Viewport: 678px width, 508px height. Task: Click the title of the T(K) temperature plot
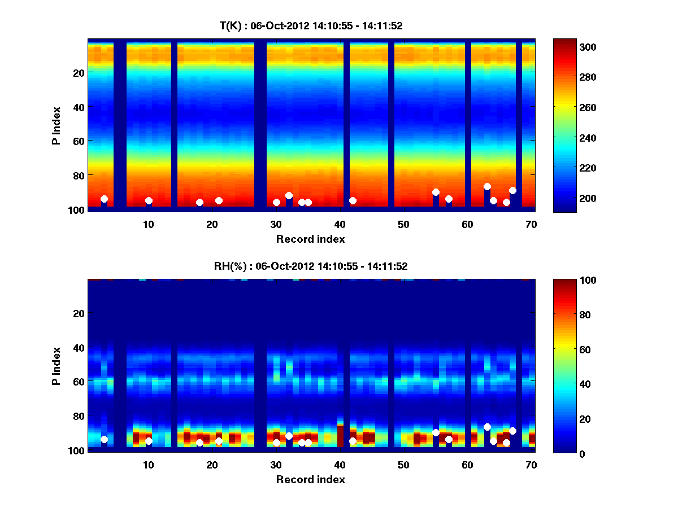pyautogui.click(x=311, y=25)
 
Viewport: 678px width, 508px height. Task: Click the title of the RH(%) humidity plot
pyautogui.click(x=311, y=266)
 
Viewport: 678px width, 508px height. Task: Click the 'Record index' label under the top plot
pyautogui.click(x=311, y=239)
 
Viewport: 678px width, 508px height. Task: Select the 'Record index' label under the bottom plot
pyautogui.click(x=311, y=479)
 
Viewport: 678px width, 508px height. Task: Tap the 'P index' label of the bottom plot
pyautogui.click(x=56, y=365)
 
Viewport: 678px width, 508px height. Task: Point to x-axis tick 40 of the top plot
pyautogui.click(x=340, y=224)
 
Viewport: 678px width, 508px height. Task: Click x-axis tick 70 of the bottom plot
pyautogui.click(x=531, y=465)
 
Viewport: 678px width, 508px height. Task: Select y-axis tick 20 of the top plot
pyautogui.click(x=79, y=73)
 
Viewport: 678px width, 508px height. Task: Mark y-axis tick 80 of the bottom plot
pyautogui.click(x=79, y=417)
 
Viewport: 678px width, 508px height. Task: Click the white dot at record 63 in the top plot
pyautogui.click(x=487, y=186)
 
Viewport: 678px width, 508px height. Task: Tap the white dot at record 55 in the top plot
pyautogui.click(x=436, y=192)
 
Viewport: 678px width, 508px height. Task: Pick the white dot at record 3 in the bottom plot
pyautogui.click(x=104, y=439)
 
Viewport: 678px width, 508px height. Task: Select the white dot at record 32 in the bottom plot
pyautogui.click(x=289, y=436)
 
